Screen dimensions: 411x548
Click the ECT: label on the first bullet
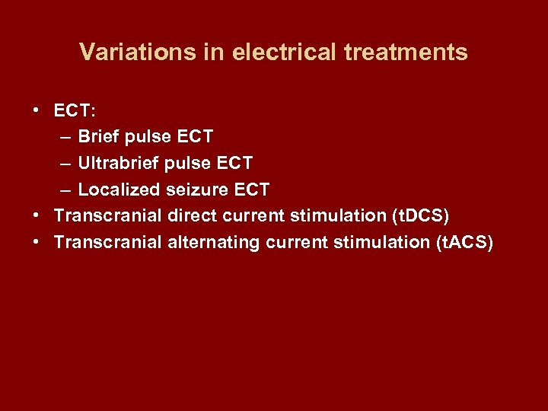click(75, 111)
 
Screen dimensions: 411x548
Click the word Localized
click(116, 190)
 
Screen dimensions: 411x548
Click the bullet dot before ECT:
click(37, 111)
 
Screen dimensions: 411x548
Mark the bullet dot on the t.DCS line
click(37, 215)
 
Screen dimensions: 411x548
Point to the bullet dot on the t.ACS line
click(37, 242)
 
